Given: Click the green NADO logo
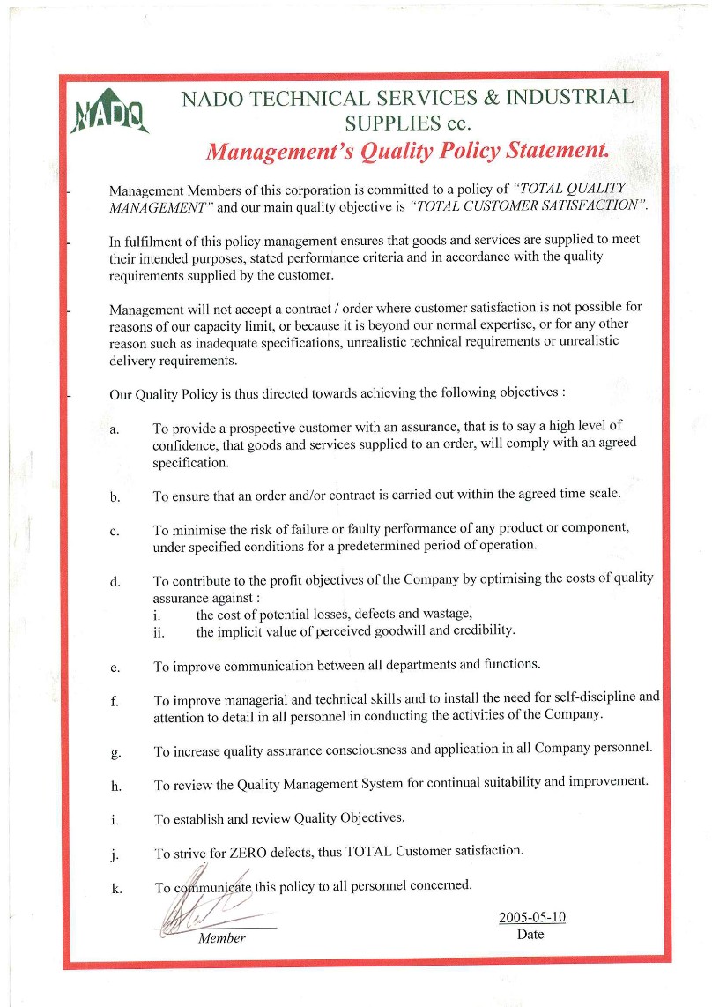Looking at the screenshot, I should (110, 111).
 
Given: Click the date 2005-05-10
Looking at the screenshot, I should (532, 917).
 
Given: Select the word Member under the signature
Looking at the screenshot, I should (222, 938).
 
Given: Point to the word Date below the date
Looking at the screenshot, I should (530, 934).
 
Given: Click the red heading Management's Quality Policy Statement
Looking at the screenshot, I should (407, 150).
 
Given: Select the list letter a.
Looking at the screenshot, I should (115, 429).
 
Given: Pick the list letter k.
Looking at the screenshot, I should (115, 888).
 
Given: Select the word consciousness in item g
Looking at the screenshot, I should (356, 750).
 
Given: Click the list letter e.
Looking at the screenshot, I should (115, 668).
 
